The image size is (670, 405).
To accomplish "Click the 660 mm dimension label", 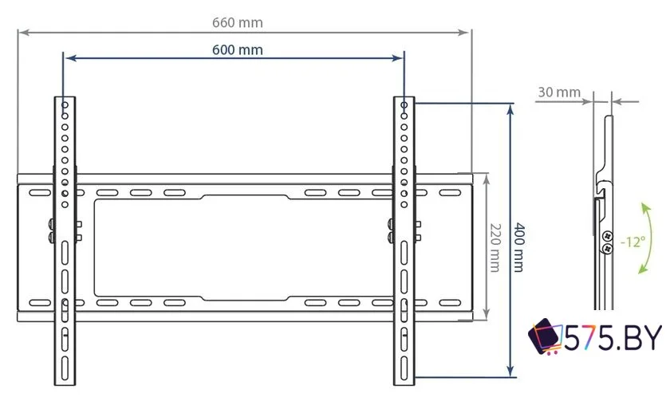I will point(237,22).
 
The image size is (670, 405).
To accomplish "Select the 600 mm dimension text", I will point(237,49).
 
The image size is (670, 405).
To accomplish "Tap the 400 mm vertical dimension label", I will point(519,246).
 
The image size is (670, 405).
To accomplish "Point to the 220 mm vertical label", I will point(495,246).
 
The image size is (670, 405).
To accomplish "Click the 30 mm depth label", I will point(558,92).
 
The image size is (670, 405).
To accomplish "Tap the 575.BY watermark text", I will point(613,339).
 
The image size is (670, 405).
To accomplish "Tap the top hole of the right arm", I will point(404,105).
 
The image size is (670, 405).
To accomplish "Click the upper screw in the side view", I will point(606,237).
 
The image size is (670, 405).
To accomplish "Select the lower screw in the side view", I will point(606,249).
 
